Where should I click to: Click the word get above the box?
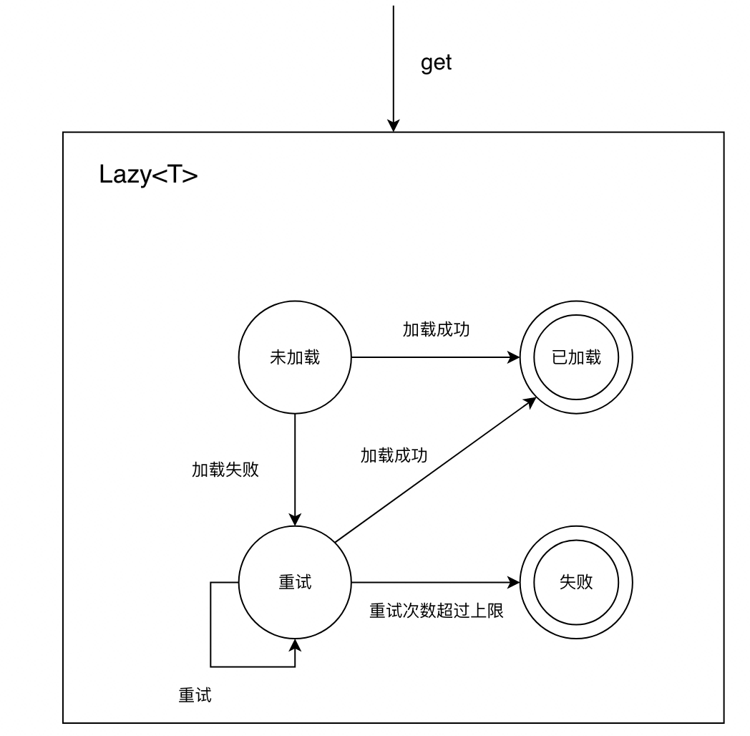coord(436,63)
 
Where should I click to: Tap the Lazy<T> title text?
coord(148,175)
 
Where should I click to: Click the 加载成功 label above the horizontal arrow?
coord(436,330)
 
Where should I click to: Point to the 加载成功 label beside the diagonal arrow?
coord(394,455)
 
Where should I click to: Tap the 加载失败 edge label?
coord(225,470)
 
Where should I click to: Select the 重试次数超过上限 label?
coord(437,611)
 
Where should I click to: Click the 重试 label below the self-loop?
coord(195,695)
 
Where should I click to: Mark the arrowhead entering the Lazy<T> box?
coord(393,127)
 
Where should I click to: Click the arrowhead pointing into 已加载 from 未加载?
coord(515,357)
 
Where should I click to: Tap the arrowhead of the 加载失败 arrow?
coord(294,521)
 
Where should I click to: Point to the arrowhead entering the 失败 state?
coord(515,583)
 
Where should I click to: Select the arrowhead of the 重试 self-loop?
coord(294,645)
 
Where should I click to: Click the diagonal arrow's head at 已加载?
coord(530,402)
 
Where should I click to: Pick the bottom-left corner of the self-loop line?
coord(210,667)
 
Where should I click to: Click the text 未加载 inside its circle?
coord(294,358)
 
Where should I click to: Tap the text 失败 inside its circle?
coord(576,582)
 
